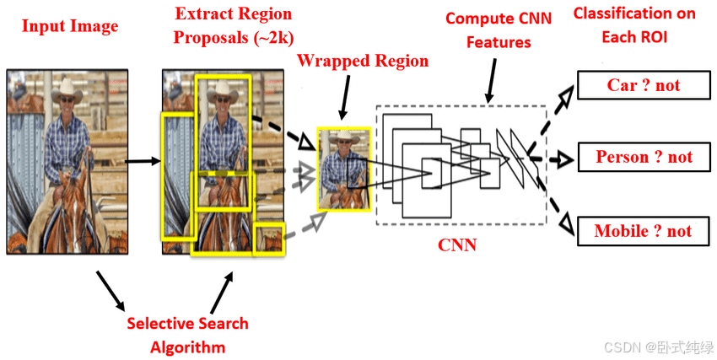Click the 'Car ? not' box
coord(643,85)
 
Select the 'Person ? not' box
coord(643,157)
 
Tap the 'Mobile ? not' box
coord(643,231)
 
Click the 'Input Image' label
coord(70,26)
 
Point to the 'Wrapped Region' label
coord(363,61)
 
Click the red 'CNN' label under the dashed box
coord(456,245)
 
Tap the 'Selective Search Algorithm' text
coord(187,335)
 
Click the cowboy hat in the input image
coord(66,91)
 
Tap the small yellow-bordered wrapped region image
coord(344,169)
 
